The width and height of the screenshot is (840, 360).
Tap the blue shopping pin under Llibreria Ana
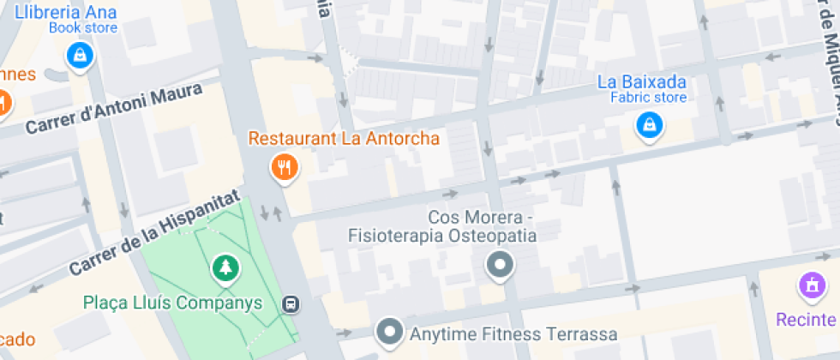[x=80, y=57]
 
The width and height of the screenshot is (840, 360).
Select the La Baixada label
[x=654, y=82]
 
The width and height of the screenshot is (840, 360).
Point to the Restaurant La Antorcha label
[x=344, y=138]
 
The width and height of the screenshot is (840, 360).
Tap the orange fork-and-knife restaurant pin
[x=284, y=167]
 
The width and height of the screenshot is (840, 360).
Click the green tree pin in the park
[x=225, y=268]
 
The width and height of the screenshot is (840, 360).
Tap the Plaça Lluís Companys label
[x=172, y=303]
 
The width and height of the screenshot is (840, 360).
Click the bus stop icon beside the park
[x=291, y=303]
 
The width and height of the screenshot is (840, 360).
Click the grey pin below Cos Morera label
[x=499, y=266]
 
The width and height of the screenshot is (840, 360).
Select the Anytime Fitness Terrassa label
[x=513, y=333]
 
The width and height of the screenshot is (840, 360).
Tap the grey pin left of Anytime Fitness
[x=391, y=331]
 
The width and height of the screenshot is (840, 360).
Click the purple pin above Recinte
[x=810, y=285]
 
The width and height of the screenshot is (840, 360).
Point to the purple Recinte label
[x=807, y=320]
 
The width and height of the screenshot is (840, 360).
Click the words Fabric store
[x=648, y=98]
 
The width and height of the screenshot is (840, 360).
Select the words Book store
[x=82, y=27]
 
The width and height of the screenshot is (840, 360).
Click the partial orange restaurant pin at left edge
[x=3, y=102]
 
